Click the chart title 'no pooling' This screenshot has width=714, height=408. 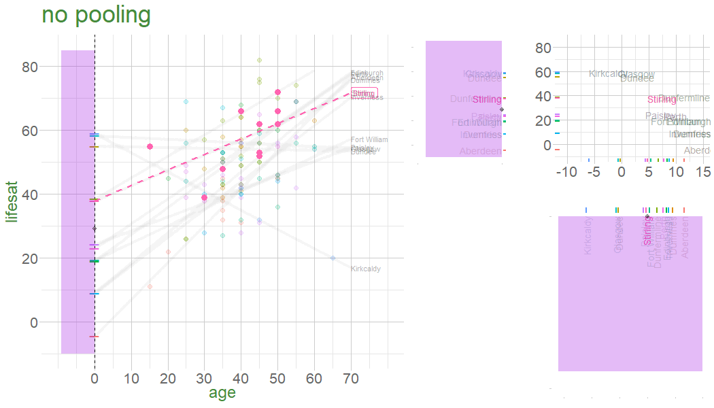click(x=96, y=16)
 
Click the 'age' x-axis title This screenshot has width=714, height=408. click(x=222, y=393)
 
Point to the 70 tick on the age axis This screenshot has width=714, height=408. click(x=351, y=377)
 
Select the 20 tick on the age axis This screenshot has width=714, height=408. click(x=168, y=377)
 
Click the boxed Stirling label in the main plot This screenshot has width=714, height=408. click(x=364, y=93)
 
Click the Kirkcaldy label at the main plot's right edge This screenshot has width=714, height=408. click(x=365, y=269)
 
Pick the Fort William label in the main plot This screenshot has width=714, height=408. click(x=369, y=140)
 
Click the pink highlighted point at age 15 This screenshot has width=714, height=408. click(x=150, y=147)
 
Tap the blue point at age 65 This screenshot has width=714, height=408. click(x=333, y=258)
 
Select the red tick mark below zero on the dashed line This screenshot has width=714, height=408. click(x=94, y=337)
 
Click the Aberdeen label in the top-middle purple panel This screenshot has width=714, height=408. click(x=480, y=151)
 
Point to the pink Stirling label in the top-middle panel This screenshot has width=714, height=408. click(x=486, y=100)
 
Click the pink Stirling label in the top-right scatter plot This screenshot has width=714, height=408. click(x=661, y=100)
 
